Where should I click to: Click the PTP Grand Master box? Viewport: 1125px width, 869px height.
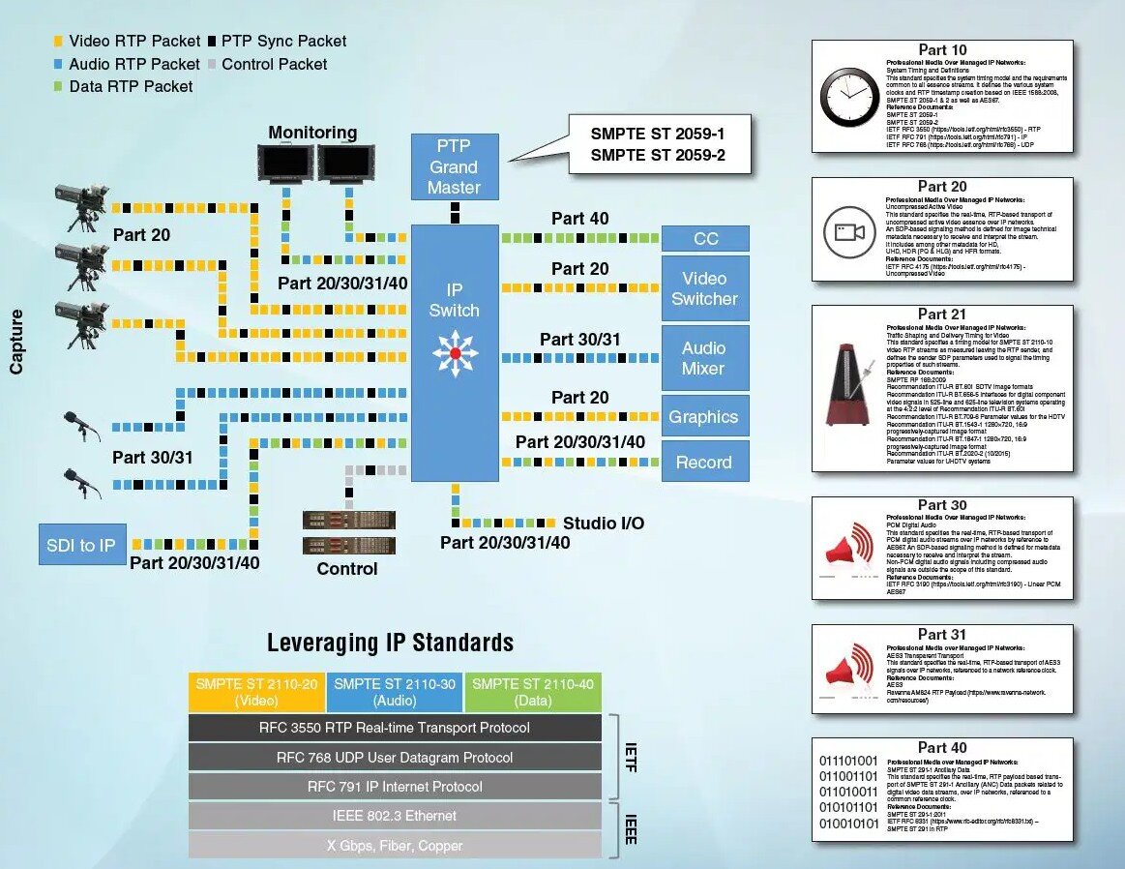(455, 166)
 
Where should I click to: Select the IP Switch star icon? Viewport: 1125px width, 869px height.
(455, 353)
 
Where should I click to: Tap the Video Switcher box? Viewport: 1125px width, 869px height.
(704, 288)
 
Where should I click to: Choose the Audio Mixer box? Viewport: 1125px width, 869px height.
(704, 358)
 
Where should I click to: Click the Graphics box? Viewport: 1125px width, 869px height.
(704, 417)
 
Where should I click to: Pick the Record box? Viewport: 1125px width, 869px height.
(704, 462)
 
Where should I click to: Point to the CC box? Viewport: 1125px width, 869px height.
(705, 239)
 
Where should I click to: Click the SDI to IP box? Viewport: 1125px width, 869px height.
(80, 546)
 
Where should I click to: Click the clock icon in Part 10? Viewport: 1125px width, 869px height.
(848, 96)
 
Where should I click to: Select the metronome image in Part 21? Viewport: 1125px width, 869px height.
(849, 388)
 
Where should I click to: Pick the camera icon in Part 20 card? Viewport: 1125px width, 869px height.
(848, 232)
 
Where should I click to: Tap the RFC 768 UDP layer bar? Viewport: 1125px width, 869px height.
(394, 757)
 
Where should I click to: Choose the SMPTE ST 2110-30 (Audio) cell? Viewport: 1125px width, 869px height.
(395, 692)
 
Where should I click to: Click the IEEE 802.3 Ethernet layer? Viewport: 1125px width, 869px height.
(394, 816)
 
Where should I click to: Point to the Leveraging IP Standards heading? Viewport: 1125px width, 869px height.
(390, 643)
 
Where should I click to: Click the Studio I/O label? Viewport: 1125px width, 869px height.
(603, 524)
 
